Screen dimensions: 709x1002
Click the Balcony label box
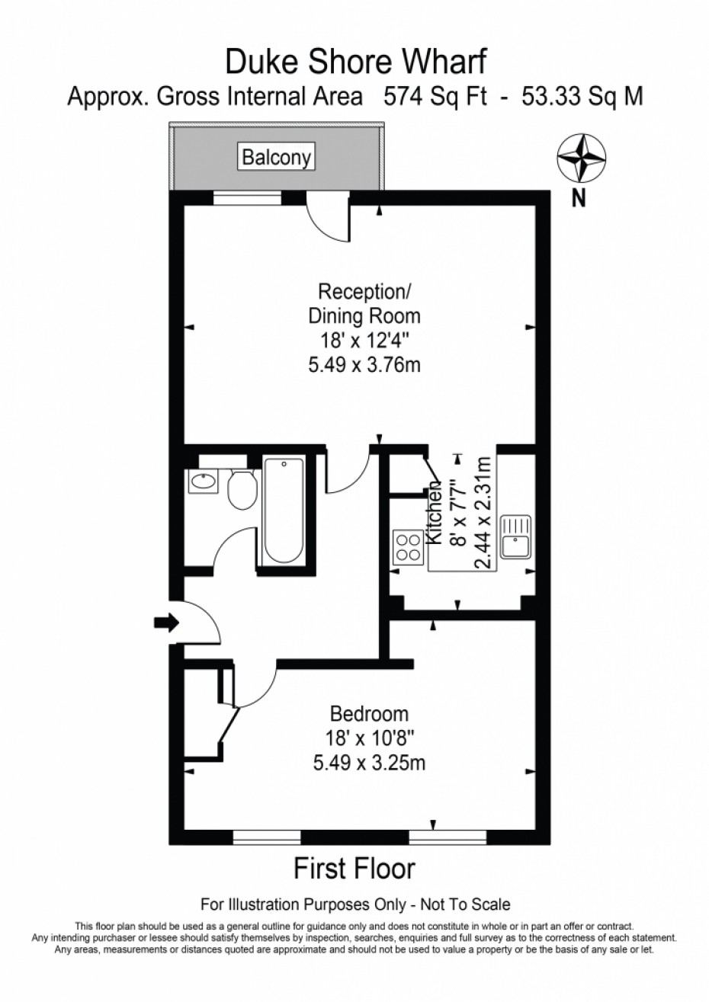(276, 156)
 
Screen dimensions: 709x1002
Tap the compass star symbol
(582, 158)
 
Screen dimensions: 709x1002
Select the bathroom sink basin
(203, 481)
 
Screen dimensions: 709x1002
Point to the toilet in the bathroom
(242, 488)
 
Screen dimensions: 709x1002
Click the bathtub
(284, 510)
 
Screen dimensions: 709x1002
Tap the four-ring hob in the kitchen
(408, 547)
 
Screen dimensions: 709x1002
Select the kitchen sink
(516, 536)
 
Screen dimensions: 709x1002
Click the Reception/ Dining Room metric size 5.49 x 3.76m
(364, 366)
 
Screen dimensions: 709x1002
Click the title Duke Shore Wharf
(355, 62)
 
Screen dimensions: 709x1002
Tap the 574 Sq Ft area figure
(435, 97)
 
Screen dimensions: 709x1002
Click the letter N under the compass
(579, 199)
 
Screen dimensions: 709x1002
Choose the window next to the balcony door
(248, 197)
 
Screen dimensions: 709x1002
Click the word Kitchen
(435, 513)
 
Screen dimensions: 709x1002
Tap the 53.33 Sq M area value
(582, 97)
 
